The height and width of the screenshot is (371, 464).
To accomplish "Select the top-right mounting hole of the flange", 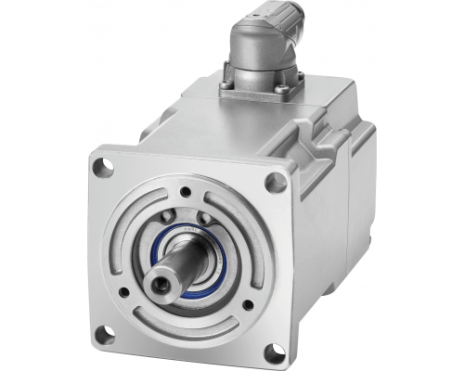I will pos(274,183).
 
